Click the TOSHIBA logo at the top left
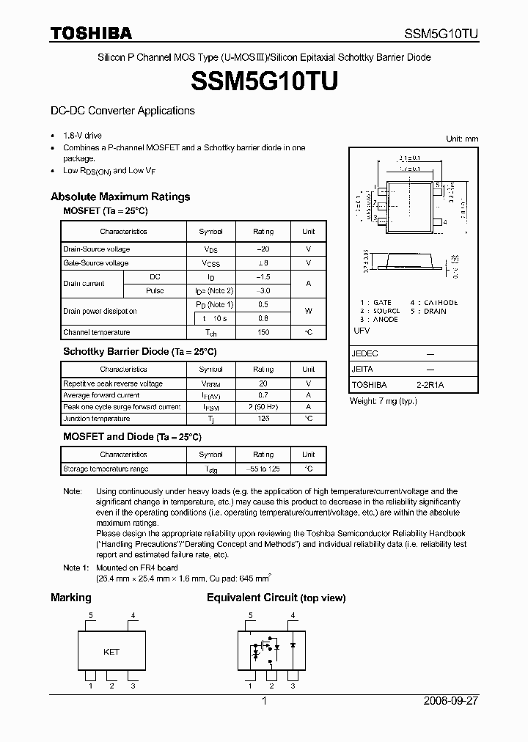click(91, 33)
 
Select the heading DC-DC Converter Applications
click(122, 111)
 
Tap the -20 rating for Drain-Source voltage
click(263, 249)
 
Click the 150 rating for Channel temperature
click(263, 333)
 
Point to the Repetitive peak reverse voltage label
click(113, 383)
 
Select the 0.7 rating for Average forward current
click(263, 395)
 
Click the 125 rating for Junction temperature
click(263, 419)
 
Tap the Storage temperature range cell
click(106, 469)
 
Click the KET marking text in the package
click(111, 651)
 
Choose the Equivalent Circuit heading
click(276, 598)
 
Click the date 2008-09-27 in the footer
click(451, 701)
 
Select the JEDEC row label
click(365, 353)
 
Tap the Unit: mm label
click(462, 139)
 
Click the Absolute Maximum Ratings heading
click(120, 196)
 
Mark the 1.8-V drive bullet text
click(83, 136)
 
